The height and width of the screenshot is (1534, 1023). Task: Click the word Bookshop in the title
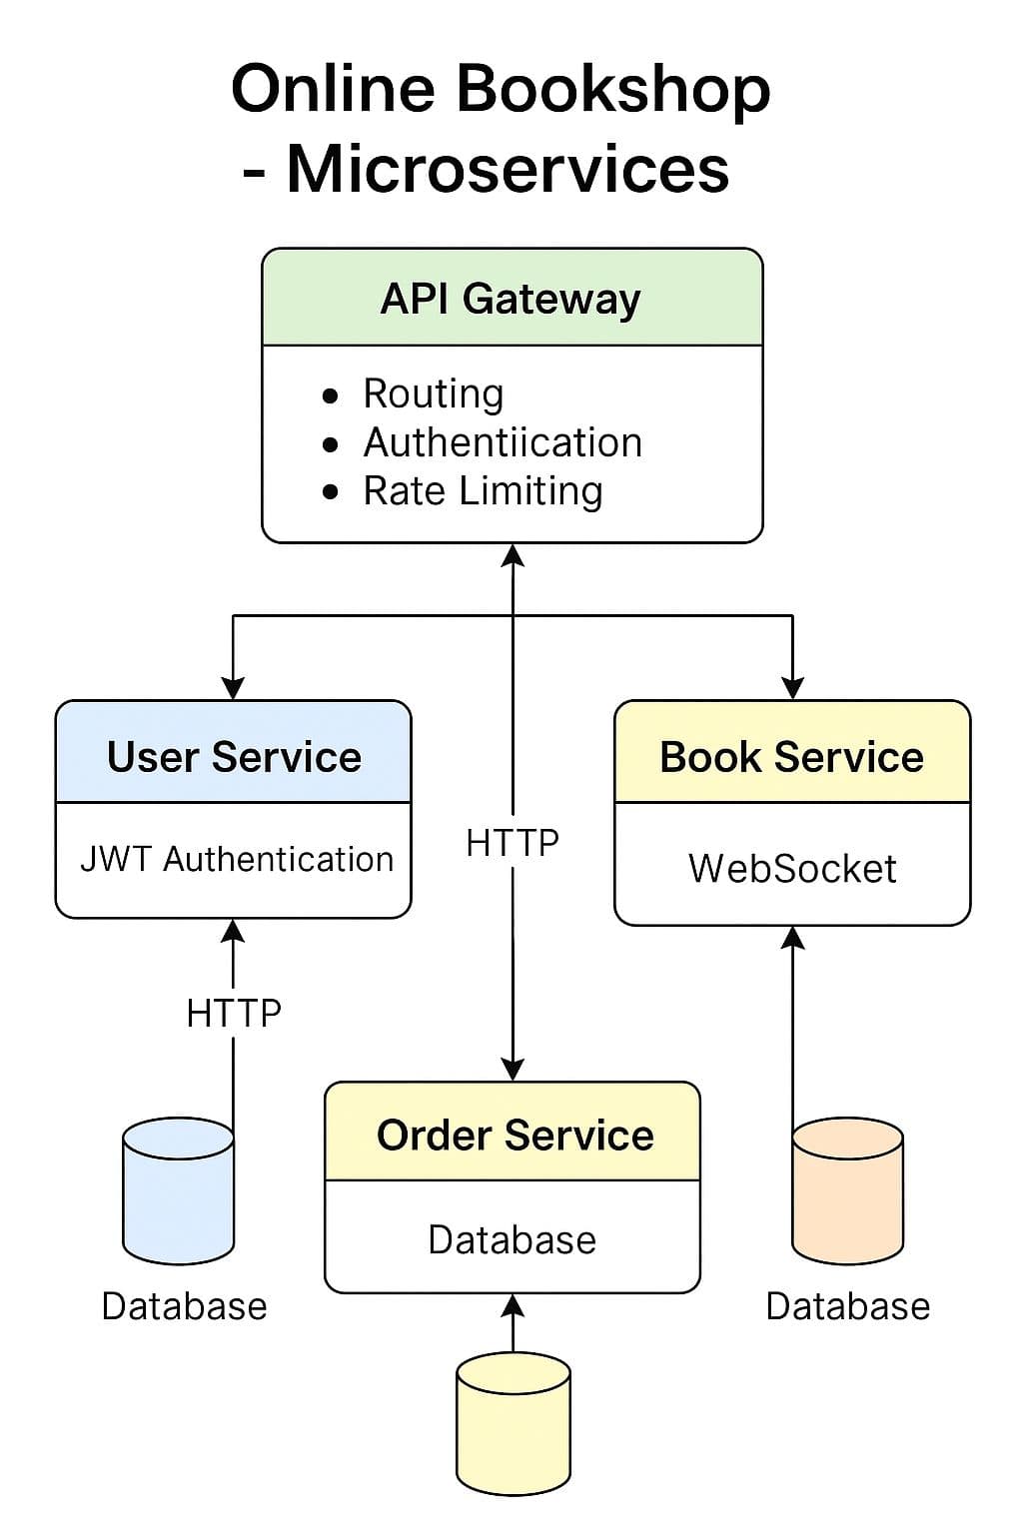pyautogui.click(x=613, y=90)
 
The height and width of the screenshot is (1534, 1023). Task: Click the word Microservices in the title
pyautogui.click(x=508, y=170)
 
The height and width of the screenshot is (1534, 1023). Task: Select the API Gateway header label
pyautogui.click(x=511, y=299)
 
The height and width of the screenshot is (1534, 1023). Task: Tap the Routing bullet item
pyautogui.click(x=433, y=393)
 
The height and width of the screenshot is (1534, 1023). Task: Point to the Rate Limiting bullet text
pyautogui.click(x=483, y=491)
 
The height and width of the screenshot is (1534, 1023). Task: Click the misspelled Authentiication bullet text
pyautogui.click(x=503, y=442)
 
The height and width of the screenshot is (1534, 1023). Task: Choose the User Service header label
pyautogui.click(x=234, y=757)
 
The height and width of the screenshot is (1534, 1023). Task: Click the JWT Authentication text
pyautogui.click(x=236, y=859)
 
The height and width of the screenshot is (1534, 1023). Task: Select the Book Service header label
pyautogui.click(x=791, y=757)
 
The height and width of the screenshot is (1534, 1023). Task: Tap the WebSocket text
pyautogui.click(x=791, y=868)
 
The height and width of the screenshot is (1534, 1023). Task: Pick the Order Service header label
pyautogui.click(x=514, y=1136)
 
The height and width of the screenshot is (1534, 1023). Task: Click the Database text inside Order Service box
pyautogui.click(x=511, y=1240)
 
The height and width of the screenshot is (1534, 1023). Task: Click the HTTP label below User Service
pyautogui.click(x=234, y=1014)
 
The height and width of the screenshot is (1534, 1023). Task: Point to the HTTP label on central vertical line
pyautogui.click(x=512, y=843)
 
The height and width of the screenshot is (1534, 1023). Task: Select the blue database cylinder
pyautogui.click(x=178, y=1191)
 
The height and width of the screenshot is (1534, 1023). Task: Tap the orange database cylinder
pyautogui.click(x=847, y=1191)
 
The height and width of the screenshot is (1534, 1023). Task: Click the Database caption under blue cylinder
pyautogui.click(x=184, y=1306)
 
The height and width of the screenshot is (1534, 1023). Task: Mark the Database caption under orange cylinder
pyautogui.click(x=847, y=1306)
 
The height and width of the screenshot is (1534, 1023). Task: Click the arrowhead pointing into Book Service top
pyautogui.click(x=792, y=688)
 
